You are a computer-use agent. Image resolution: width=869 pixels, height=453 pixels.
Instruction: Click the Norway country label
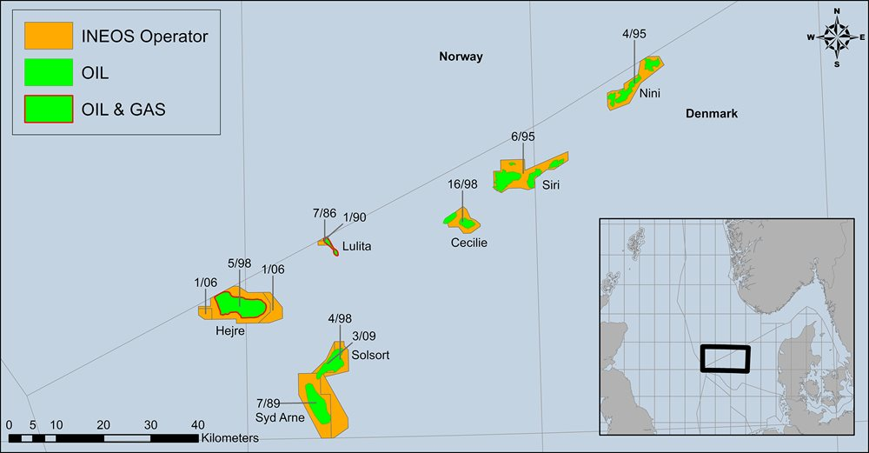tap(461, 57)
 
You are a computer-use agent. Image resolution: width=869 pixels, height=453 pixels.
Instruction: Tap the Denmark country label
tap(711, 114)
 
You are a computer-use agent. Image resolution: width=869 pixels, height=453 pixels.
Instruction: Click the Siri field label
tap(551, 184)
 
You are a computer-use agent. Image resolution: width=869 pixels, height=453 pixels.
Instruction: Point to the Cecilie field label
tap(468, 243)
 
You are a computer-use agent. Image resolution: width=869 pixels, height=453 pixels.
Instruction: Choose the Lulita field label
tap(356, 246)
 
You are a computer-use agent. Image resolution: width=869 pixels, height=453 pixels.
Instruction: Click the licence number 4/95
tap(634, 34)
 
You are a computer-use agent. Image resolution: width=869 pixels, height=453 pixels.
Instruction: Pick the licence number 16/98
tap(461, 184)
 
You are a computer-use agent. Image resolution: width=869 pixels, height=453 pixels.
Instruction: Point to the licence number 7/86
tap(324, 213)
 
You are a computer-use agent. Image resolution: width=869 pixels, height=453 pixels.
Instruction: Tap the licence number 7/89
tap(268, 403)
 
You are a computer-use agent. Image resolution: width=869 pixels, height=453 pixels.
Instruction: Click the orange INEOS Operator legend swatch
tap(46, 37)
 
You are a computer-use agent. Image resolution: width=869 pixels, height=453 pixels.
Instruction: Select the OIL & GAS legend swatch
tap(46, 110)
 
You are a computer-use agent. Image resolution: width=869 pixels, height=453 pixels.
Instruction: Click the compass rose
tap(836, 37)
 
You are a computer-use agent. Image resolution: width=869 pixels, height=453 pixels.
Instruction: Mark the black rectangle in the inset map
tap(725, 358)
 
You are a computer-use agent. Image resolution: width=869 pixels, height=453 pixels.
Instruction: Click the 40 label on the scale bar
tap(198, 424)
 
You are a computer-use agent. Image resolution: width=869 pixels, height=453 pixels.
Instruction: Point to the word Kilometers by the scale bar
tap(229, 437)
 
